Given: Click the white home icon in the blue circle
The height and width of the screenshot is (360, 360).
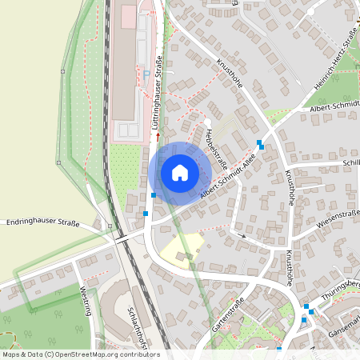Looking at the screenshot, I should coord(179,173).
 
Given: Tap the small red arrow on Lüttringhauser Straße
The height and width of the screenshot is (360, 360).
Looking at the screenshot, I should coord(158,135).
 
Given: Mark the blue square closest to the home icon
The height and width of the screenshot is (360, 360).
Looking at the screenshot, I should coord(154,194).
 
